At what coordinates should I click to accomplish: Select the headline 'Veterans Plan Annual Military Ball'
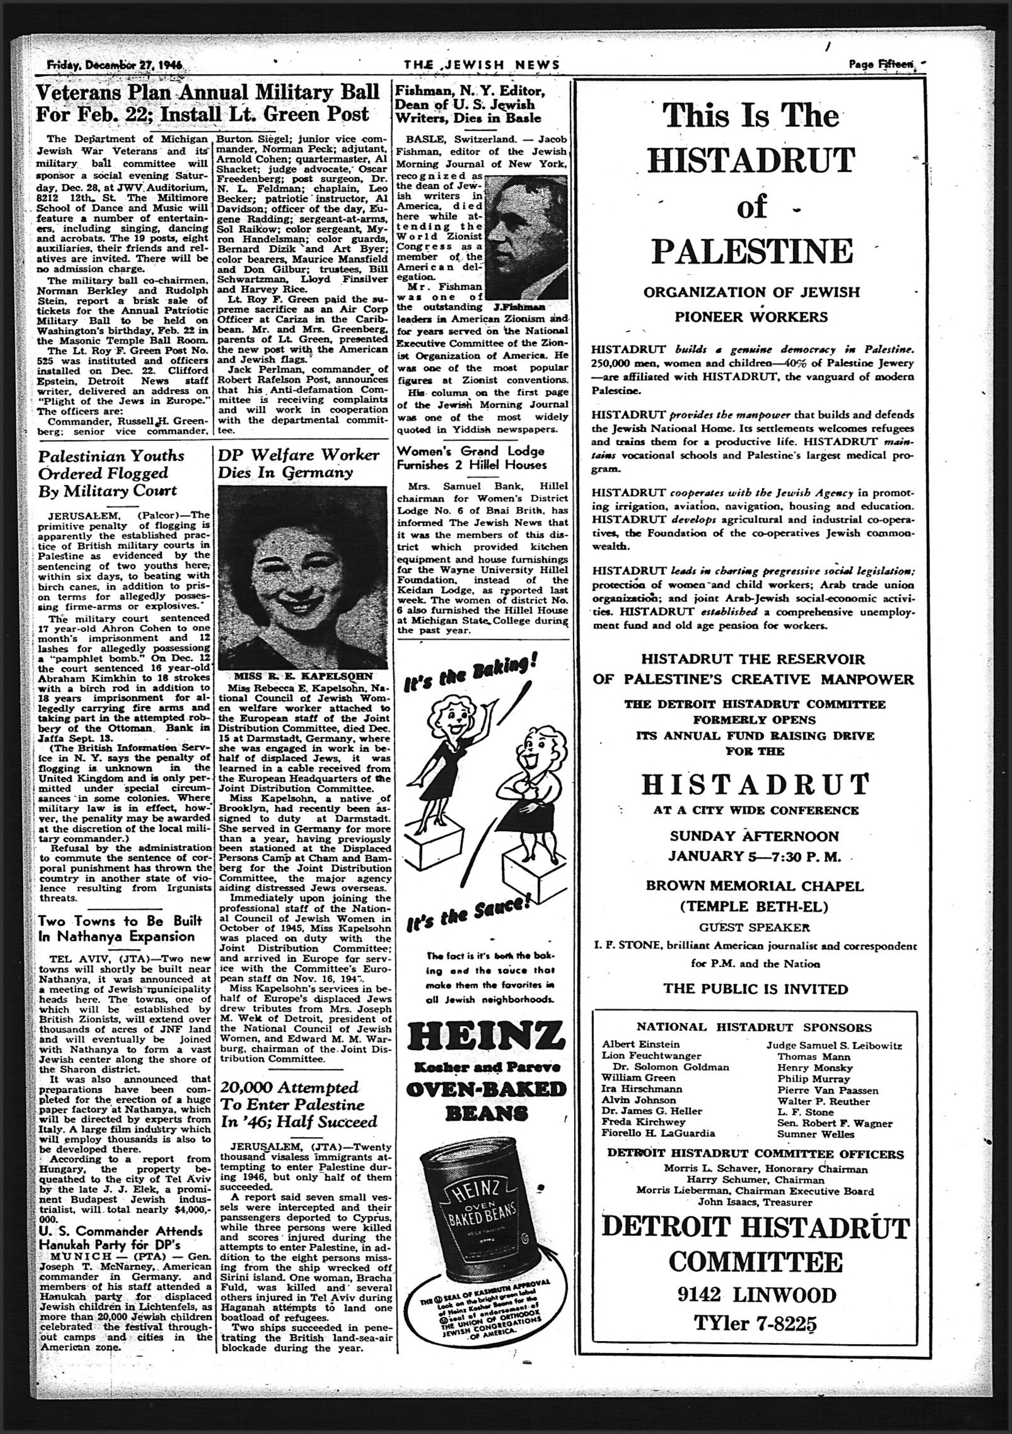click(207, 92)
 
